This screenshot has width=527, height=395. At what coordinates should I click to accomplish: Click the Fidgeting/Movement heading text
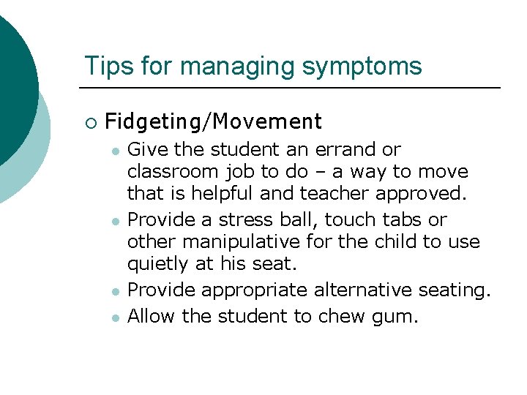213,121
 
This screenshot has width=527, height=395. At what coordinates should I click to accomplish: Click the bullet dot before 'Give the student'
116,151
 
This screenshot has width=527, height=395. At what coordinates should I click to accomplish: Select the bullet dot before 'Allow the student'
116,317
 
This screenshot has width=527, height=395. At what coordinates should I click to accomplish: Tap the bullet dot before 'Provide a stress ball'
116,221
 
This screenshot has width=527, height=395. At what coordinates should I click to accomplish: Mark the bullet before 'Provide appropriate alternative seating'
116,291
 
